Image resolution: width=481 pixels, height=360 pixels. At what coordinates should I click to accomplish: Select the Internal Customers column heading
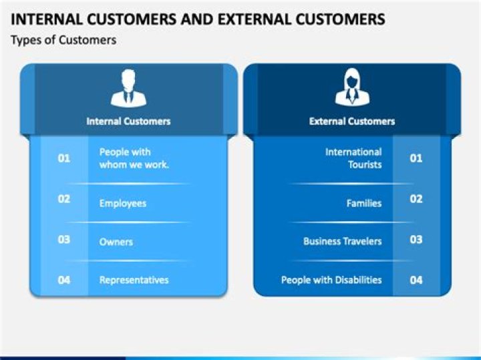(x=128, y=121)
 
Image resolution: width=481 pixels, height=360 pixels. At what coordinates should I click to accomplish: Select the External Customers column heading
(x=351, y=121)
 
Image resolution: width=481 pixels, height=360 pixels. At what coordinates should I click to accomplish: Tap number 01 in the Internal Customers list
(x=64, y=158)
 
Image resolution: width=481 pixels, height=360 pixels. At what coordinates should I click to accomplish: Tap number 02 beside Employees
(x=64, y=198)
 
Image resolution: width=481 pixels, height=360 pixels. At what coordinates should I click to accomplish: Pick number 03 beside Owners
(x=64, y=239)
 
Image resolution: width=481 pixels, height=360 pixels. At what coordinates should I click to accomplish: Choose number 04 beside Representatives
(x=64, y=280)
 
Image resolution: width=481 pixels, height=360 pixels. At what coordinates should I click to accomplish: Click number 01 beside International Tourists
(x=416, y=158)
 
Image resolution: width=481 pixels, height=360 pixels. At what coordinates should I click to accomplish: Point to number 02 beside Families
(x=416, y=198)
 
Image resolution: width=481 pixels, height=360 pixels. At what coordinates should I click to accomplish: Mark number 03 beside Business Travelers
(x=416, y=239)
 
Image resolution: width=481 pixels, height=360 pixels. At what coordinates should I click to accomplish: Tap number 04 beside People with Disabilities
(x=416, y=280)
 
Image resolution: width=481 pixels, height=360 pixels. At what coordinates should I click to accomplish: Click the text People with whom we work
(x=134, y=158)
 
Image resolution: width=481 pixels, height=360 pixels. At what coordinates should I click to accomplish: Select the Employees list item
(x=122, y=203)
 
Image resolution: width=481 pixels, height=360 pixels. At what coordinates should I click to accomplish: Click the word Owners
(x=116, y=242)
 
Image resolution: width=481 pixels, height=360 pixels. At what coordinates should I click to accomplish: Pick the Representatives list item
(x=134, y=280)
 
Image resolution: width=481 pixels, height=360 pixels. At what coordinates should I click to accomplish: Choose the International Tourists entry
(x=353, y=158)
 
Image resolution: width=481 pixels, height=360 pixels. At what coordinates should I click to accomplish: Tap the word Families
(x=363, y=203)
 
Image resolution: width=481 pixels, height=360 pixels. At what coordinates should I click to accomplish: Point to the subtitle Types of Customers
(x=63, y=40)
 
